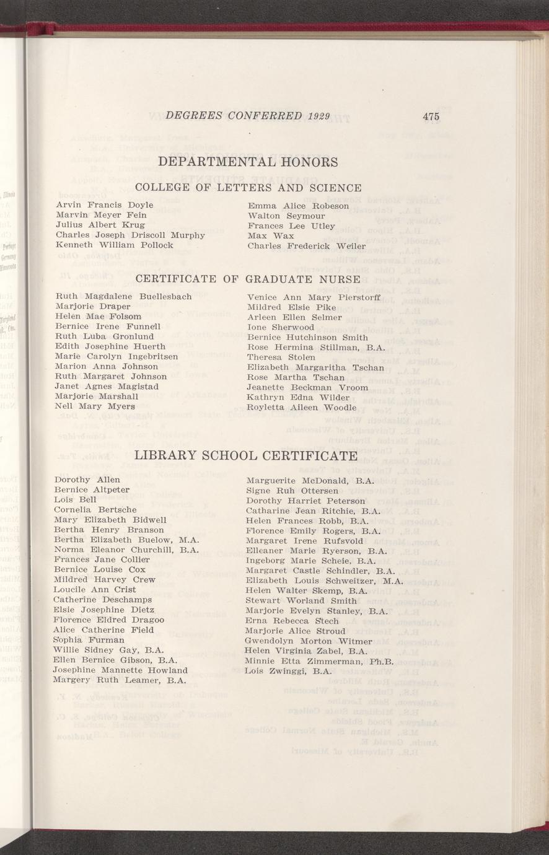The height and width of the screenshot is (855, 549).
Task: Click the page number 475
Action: click(x=431, y=116)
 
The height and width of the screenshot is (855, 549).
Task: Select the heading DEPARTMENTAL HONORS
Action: click(x=248, y=162)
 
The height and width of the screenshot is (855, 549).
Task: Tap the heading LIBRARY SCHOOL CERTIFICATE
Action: click(x=246, y=456)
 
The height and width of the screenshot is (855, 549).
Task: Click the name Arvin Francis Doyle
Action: click(x=105, y=204)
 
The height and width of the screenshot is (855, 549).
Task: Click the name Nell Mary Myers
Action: click(x=95, y=406)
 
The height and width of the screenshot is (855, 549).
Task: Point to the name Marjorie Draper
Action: click(x=93, y=306)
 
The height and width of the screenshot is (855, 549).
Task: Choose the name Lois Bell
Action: click(x=75, y=499)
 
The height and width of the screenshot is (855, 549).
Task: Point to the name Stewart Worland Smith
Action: click(x=301, y=600)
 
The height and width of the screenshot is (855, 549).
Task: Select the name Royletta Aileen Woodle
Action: click(x=301, y=407)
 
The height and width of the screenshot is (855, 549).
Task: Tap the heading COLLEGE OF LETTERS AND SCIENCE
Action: click(x=248, y=188)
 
